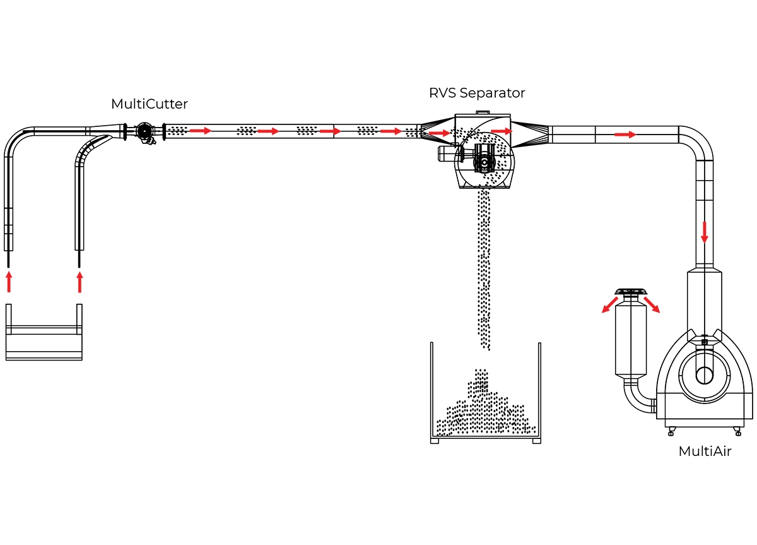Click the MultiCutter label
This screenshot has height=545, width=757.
click(150, 104)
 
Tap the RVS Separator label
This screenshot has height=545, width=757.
click(477, 93)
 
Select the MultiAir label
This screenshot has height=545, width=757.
click(705, 452)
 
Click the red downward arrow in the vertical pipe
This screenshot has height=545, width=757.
click(705, 232)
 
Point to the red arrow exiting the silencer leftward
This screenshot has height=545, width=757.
click(610, 304)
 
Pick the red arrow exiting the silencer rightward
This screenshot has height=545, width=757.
click(652, 304)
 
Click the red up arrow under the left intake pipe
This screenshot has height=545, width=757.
click(9, 282)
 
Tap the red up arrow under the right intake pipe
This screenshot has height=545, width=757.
click(79, 282)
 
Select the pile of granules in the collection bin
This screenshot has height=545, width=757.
click(486, 406)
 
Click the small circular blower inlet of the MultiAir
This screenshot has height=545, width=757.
click(705, 376)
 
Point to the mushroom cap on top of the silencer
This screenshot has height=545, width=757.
click(631, 292)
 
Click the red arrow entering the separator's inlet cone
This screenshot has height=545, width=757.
click(439, 133)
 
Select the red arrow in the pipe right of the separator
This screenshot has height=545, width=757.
click(625, 135)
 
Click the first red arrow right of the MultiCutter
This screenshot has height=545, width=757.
click(201, 131)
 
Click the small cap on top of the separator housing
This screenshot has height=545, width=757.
click(483, 112)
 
